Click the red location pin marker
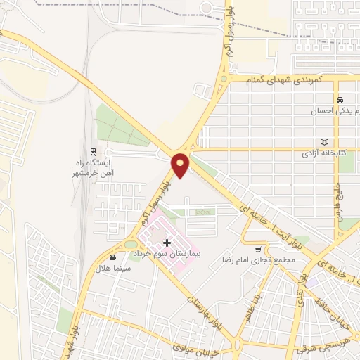pyautogui.click(x=181, y=165)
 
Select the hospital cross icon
pyautogui.click(x=166, y=243)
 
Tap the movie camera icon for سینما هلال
pyautogui.click(x=113, y=258)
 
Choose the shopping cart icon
pyautogui.click(x=258, y=250)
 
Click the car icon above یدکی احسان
pyautogui.click(x=340, y=99)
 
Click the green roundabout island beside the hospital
pyautogui.click(x=130, y=245)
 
